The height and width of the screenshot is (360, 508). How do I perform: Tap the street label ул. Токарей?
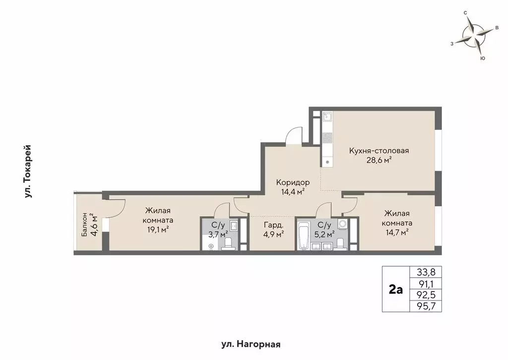(28, 172)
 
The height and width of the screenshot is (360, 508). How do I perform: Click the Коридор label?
(293, 182)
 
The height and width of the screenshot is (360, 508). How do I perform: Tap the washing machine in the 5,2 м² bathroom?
(343, 224)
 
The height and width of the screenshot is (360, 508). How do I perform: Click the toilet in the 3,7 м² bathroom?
(228, 243)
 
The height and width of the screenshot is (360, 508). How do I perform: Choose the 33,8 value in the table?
(425, 272)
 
